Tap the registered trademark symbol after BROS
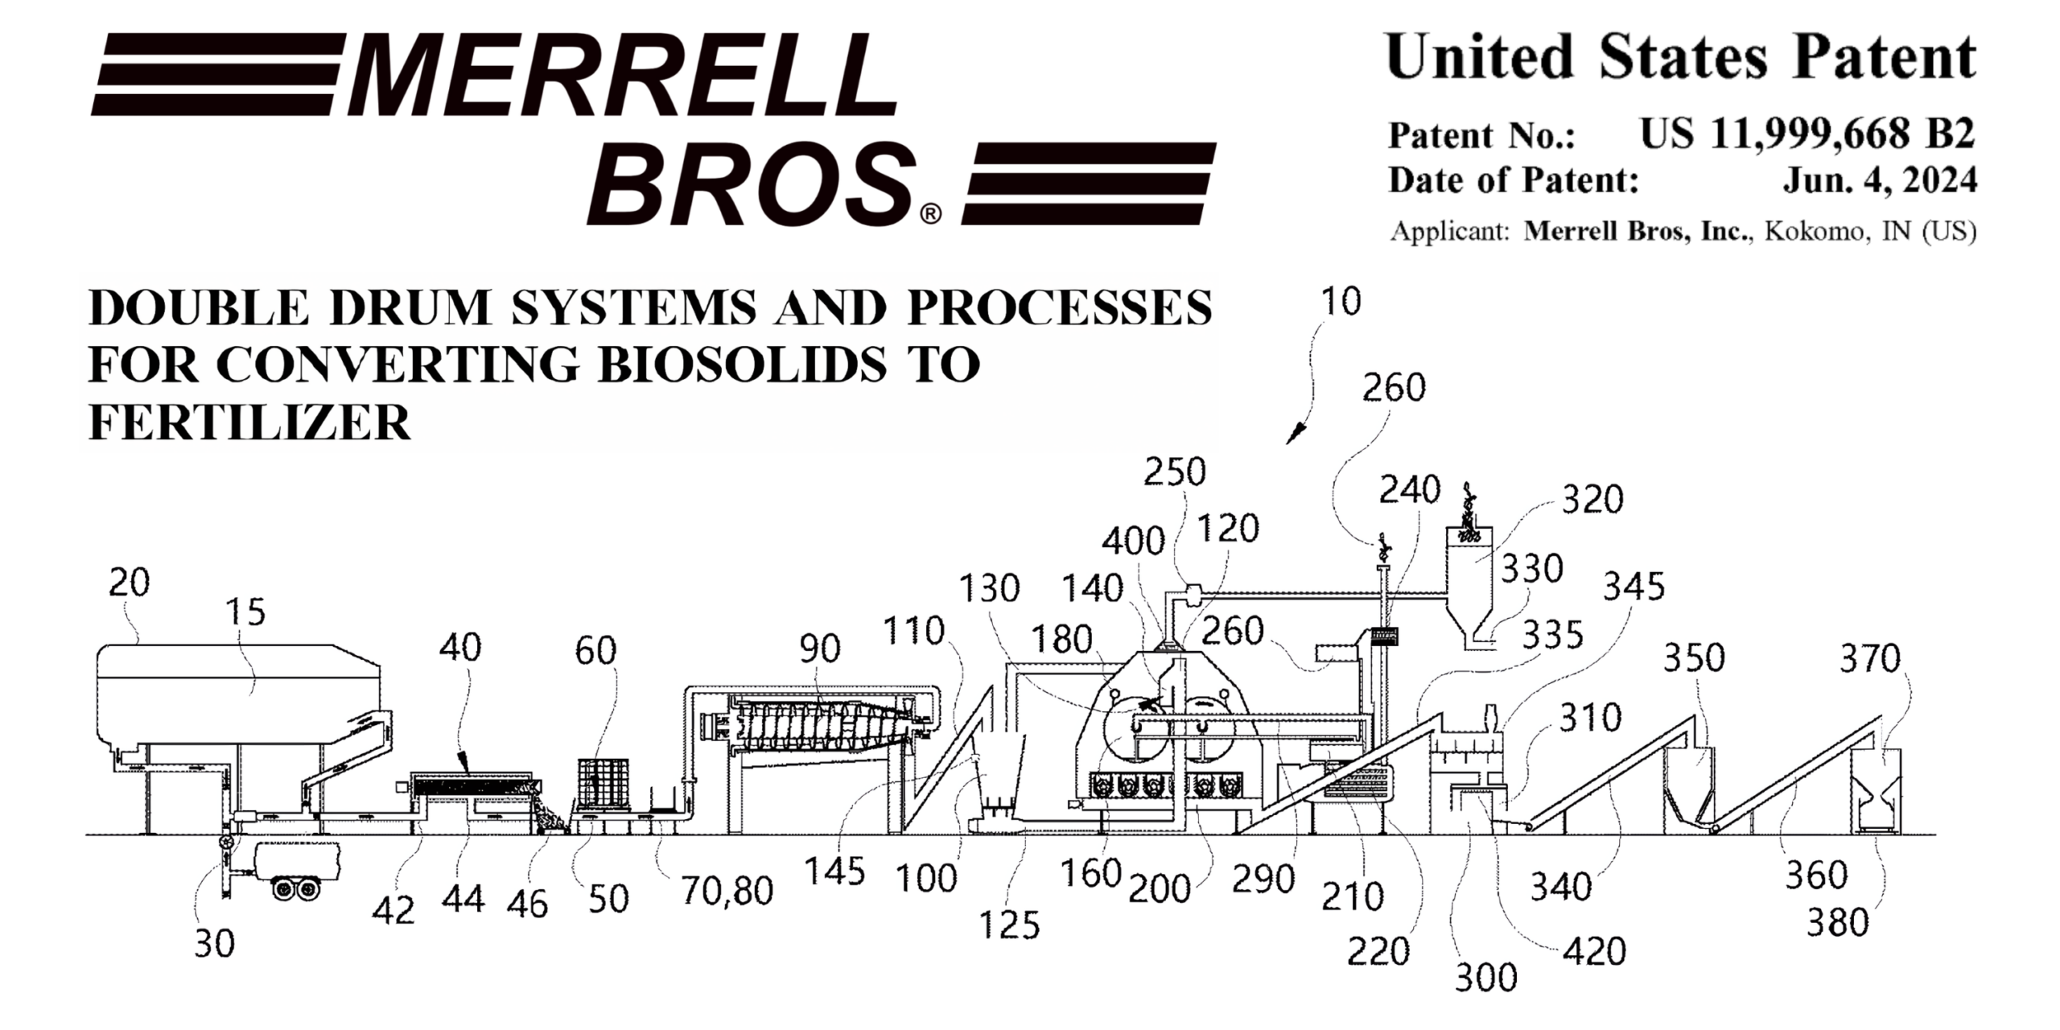[x=929, y=214]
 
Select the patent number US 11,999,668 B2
[x=1807, y=134]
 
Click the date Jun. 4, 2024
[x=1880, y=180]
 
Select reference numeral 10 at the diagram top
[x=1341, y=302]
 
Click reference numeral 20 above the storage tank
[x=129, y=583]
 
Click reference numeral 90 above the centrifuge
[x=819, y=649]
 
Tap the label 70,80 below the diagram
[x=727, y=892]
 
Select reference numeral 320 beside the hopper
[x=1592, y=501]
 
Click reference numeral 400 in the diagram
[x=1133, y=542]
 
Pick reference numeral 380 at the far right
[x=1837, y=924]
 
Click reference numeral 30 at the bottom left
[x=214, y=944]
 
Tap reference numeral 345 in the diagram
[x=1634, y=587]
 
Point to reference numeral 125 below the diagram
[x=1009, y=926]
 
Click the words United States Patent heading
[x=1681, y=57]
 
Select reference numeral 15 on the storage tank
[x=245, y=613]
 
